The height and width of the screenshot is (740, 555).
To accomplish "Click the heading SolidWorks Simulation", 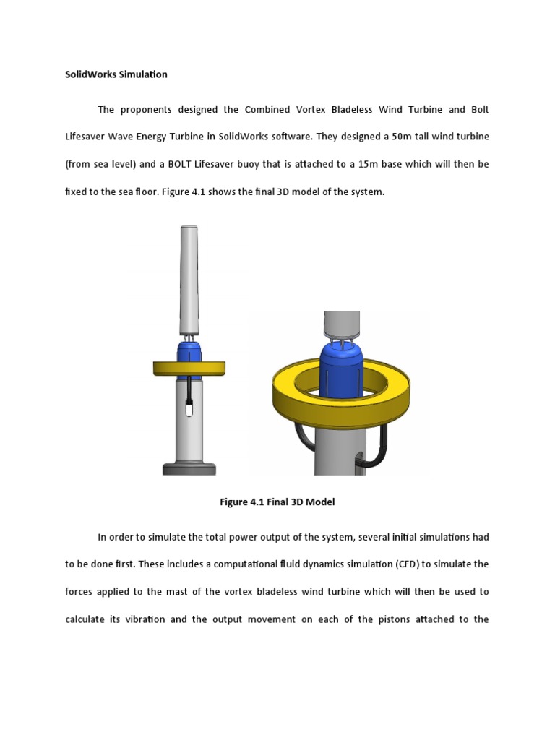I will (x=116, y=74).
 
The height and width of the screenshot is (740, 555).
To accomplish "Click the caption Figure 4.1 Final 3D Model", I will (x=277, y=502).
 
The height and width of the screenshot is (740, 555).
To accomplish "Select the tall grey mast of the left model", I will (x=189, y=278).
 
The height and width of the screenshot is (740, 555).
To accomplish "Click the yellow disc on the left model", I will (x=189, y=368).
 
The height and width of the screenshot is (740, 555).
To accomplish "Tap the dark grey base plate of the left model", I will (x=189, y=468).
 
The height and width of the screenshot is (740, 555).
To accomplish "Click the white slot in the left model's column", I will (x=189, y=409).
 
